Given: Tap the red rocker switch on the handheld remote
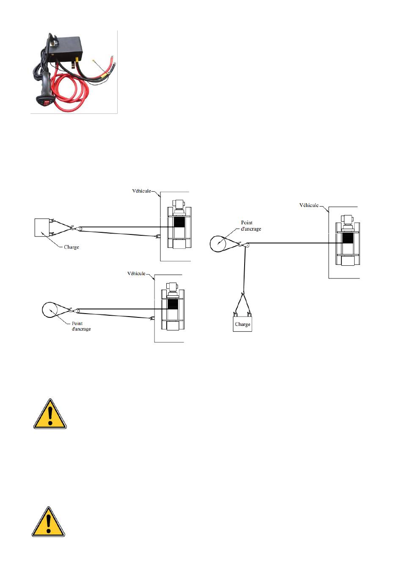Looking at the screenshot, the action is coord(47,103).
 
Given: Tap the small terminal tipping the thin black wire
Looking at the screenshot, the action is coord(93,61).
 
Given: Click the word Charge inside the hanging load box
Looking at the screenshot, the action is coord(242,324).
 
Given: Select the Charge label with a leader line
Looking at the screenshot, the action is coord(71,247).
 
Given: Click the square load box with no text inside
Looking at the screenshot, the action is coord(42,227).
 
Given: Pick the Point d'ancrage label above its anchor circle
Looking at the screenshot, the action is coord(251,226).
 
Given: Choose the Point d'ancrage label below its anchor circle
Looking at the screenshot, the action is coord(81,326).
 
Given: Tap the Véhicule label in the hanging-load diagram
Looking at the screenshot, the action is coord(309,205).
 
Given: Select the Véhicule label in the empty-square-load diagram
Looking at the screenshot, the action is coord(141,191).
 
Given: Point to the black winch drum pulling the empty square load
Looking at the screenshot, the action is coord(179,222).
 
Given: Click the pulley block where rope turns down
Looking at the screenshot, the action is coord(246,245).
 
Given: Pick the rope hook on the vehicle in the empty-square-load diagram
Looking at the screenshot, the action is coord(158,237).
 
